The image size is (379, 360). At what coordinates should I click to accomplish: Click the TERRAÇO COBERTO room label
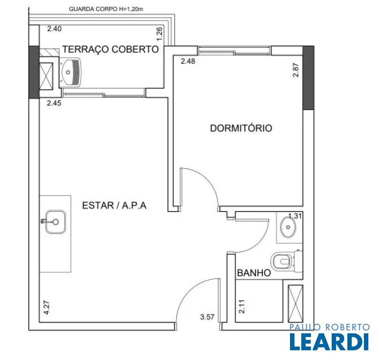111,49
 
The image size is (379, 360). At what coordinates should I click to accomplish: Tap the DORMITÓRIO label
241,128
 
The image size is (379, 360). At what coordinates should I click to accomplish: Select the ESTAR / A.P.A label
114,205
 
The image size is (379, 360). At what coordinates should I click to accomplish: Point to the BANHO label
254,273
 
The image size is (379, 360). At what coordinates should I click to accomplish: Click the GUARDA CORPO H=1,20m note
106,9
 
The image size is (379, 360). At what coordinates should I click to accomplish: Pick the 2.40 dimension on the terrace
54,29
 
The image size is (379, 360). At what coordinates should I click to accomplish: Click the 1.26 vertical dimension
159,34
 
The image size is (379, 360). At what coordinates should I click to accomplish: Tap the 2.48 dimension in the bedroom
188,61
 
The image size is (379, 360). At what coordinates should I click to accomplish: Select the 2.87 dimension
296,70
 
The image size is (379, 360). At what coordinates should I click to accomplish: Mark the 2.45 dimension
54,103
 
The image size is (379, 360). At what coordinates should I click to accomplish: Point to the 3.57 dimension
207,317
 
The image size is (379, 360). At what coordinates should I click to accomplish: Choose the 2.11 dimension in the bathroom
241,307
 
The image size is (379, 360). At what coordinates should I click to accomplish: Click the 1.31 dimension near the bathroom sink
295,216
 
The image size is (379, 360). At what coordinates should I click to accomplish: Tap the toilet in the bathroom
287,262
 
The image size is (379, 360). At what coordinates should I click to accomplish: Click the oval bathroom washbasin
288,227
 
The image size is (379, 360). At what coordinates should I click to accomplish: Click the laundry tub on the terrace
70,72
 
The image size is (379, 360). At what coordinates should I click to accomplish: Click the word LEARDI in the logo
329,342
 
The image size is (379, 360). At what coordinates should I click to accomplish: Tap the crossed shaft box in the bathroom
295,304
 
